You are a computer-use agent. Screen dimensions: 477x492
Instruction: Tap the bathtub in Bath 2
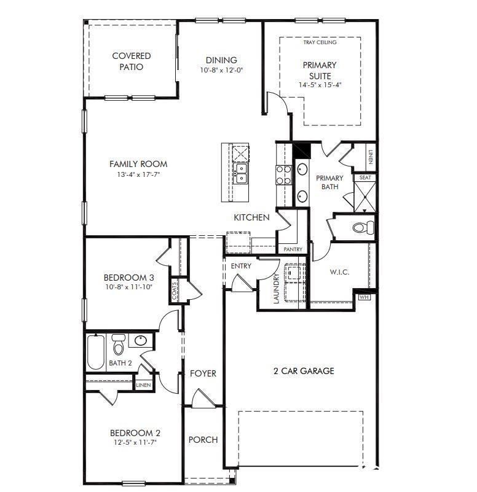point(96,352)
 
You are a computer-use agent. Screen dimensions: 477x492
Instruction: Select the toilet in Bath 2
point(119,344)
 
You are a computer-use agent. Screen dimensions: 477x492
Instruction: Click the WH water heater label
point(364,297)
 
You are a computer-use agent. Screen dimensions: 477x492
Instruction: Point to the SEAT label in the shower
point(365,178)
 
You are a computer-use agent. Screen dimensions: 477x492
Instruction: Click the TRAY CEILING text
point(320,42)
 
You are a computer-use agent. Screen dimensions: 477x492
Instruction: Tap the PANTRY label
point(293,249)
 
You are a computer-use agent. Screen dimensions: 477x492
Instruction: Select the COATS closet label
point(175,291)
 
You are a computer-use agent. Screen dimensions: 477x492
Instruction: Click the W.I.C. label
point(339,272)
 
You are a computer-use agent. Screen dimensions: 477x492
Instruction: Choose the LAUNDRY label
point(277,289)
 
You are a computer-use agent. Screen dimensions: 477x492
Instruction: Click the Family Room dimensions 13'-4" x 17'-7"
point(138,174)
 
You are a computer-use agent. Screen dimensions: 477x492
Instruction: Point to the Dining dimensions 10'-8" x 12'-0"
point(222,70)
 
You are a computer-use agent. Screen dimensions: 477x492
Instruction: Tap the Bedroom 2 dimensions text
point(135,442)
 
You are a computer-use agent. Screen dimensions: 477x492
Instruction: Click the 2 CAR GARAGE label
point(304,371)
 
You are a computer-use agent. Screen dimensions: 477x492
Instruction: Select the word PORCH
point(203,440)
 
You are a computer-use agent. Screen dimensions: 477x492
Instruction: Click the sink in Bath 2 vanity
point(140,340)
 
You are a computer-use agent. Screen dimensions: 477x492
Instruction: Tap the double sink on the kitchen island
point(241,173)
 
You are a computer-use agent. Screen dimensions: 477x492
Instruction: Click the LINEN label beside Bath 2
point(143,385)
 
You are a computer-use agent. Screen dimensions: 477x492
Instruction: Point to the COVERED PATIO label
point(132,61)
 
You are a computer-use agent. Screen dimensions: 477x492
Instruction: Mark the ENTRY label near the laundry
point(241,266)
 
